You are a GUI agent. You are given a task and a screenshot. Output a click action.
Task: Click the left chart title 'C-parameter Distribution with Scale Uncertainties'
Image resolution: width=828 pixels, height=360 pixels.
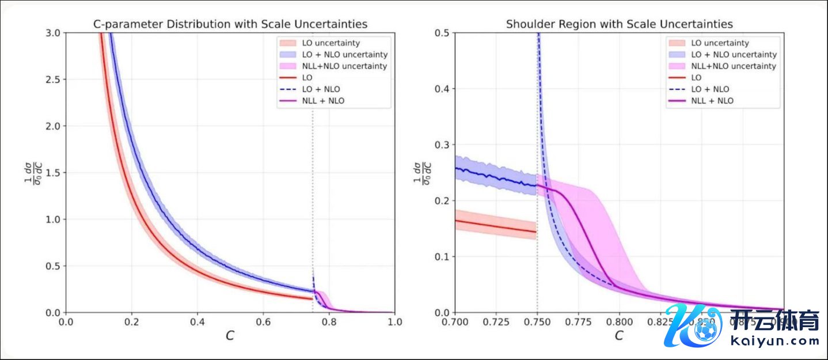[x=230, y=24]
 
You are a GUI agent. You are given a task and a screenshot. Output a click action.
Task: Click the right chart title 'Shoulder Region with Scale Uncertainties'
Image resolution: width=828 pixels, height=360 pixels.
[x=619, y=24]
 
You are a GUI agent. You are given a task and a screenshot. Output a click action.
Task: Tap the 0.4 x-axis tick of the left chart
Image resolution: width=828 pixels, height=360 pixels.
[x=197, y=321]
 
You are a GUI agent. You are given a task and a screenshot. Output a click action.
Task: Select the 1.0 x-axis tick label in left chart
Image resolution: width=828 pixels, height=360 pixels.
[x=394, y=321]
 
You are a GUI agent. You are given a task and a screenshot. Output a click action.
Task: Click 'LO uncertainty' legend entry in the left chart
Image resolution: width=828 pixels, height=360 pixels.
[x=331, y=43]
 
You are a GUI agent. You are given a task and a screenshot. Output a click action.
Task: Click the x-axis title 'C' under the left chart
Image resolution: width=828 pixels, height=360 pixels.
[x=230, y=336]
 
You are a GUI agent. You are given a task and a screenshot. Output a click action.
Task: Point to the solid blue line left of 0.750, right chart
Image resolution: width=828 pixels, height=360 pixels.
[x=495, y=177]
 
